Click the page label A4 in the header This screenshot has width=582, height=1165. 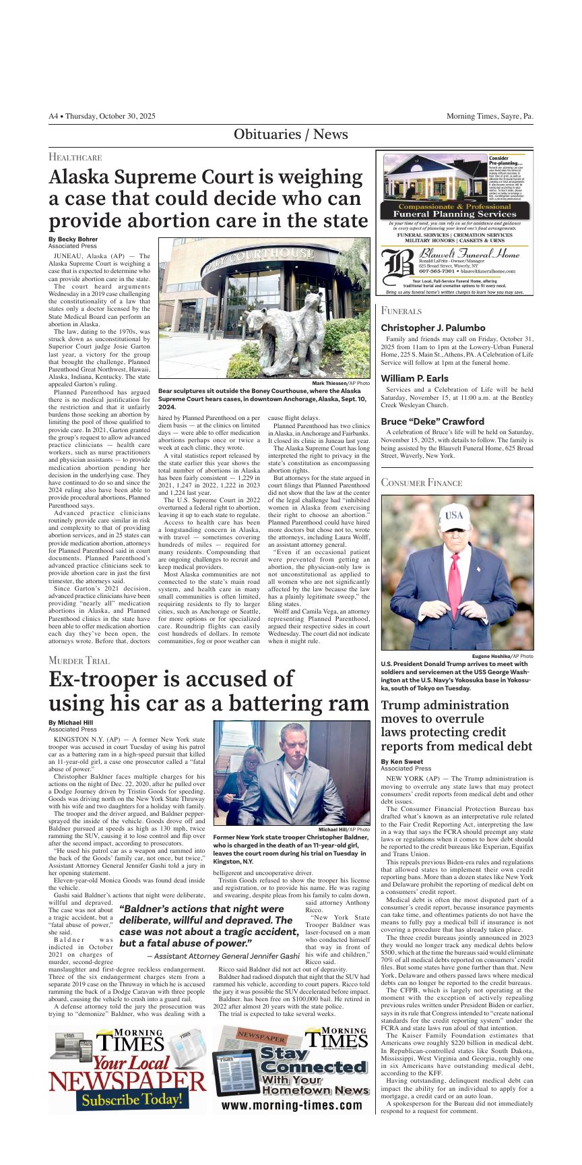pos(53,117)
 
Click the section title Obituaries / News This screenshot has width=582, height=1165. pos(290,134)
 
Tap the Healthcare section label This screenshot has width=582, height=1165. pos(75,157)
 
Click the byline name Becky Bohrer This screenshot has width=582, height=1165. pos(73,239)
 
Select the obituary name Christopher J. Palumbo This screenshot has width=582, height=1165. pos(433,328)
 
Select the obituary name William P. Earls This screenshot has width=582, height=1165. pos(414,378)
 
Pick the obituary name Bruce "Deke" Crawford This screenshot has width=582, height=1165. pos(432,421)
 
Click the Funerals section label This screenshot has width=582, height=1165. pos(401,311)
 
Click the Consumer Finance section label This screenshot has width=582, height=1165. pos(422,483)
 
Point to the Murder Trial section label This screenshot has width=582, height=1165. pos(79,661)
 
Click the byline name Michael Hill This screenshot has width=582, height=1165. pos(71,723)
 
